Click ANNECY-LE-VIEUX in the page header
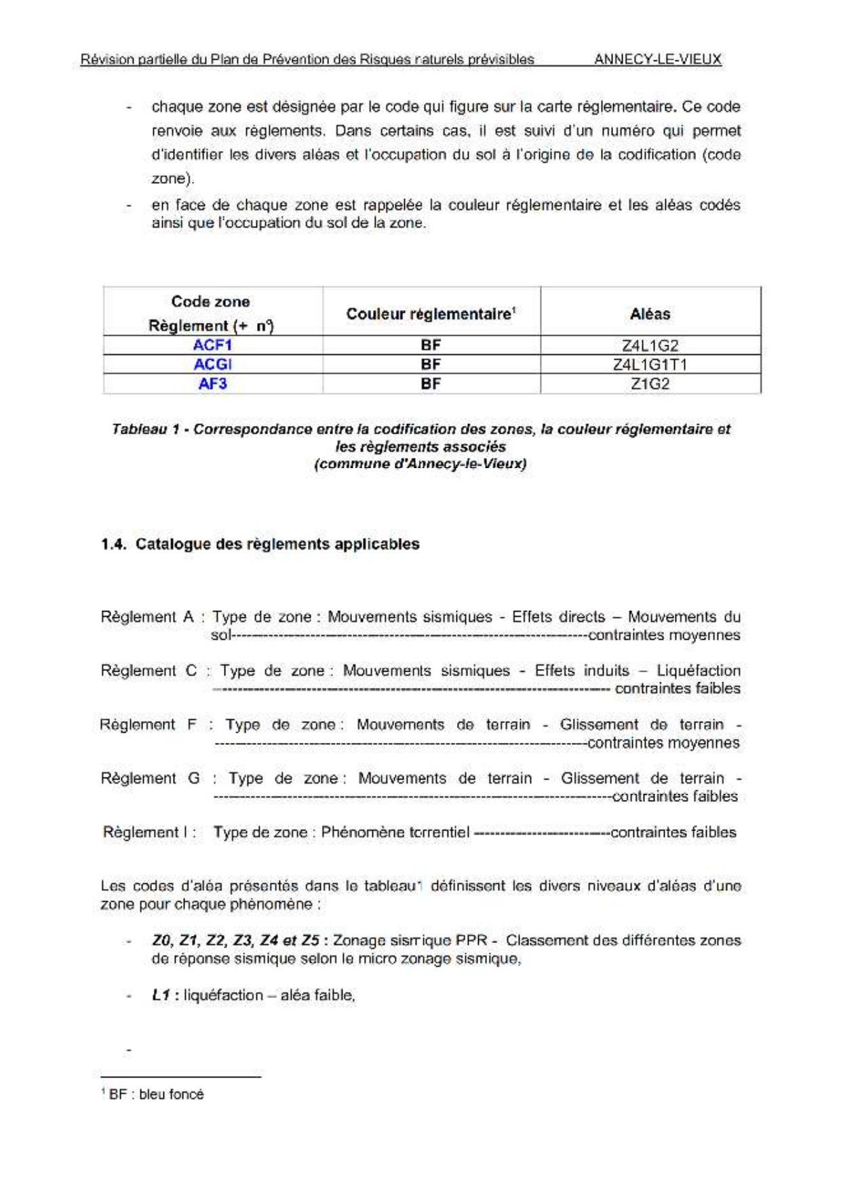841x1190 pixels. click(x=657, y=60)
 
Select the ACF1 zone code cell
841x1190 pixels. click(x=212, y=345)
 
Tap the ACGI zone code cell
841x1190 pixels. click(x=212, y=364)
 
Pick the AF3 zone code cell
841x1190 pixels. click(x=212, y=384)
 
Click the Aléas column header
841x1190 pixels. click(x=650, y=313)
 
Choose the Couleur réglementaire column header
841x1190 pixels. click(x=431, y=313)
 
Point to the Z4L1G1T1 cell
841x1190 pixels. click(x=650, y=364)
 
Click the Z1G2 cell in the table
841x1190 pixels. click(x=650, y=384)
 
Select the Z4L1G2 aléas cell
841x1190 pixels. click(x=650, y=345)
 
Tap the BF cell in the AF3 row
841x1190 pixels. click(x=431, y=384)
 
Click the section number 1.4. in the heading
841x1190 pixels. click(x=114, y=544)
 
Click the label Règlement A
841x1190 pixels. click(x=147, y=617)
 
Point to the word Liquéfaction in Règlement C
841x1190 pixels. click(x=698, y=670)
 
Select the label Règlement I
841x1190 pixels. click(x=149, y=832)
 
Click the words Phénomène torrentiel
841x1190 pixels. click(x=395, y=832)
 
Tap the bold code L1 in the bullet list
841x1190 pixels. click(x=161, y=995)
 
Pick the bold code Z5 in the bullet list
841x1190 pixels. click(x=310, y=940)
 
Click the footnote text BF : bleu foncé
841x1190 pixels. click(x=156, y=1094)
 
